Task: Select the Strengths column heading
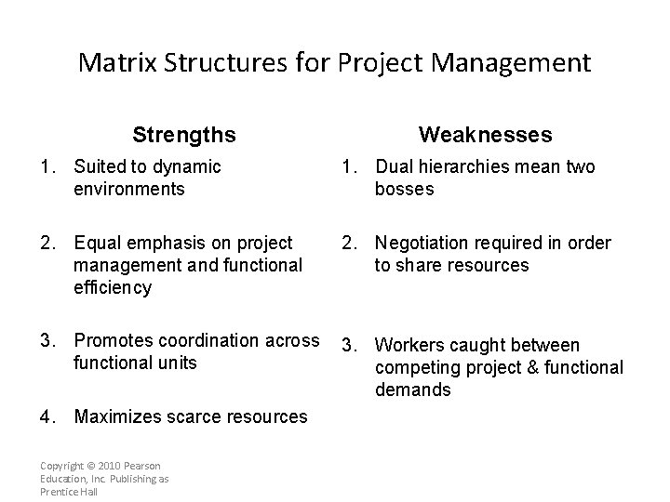coord(184,135)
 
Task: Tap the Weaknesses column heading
coord(485,135)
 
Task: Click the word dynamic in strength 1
coord(187,167)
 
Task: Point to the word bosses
coord(404,190)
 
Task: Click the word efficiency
coord(112,287)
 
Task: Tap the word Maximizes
coord(116,416)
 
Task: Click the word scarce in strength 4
coord(192,416)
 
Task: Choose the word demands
coord(412,390)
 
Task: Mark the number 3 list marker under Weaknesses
coord(345,346)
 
